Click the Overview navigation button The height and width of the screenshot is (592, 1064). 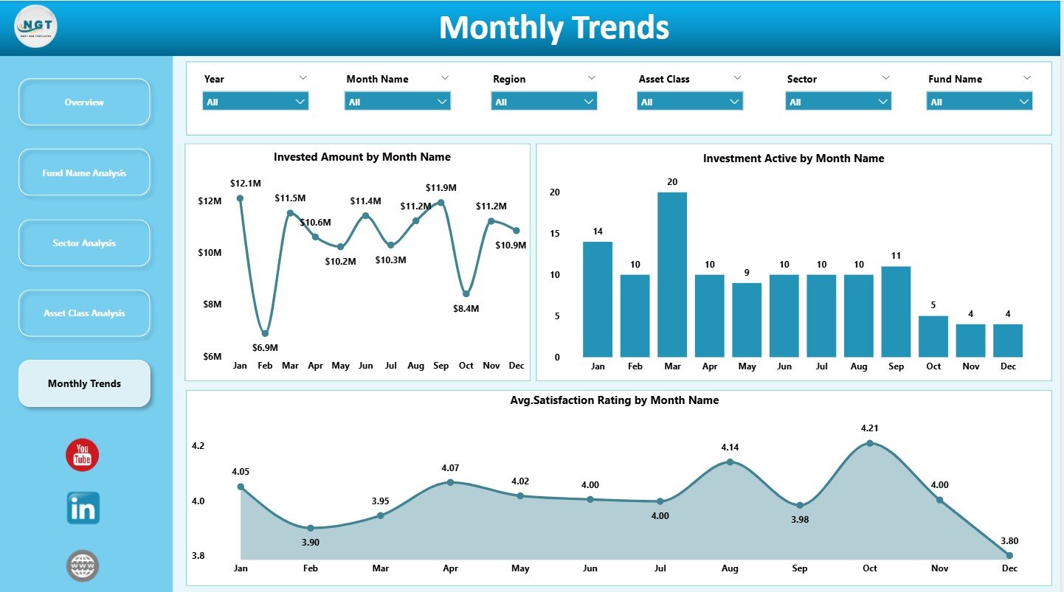tap(84, 102)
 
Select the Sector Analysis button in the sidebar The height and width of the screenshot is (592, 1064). tap(84, 243)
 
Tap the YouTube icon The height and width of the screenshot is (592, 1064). tap(82, 455)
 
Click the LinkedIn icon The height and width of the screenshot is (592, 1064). tap(83, 509)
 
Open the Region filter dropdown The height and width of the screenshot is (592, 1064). tap(544, 102)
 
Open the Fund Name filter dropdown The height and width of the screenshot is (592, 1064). tap(979, 102)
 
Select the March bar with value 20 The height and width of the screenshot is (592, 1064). tap(672, 274)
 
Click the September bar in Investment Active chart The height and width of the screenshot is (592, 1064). tap(896, 311)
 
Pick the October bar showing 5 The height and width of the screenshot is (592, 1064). tap(933, 336)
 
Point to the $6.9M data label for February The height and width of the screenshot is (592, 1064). tap(264, 347)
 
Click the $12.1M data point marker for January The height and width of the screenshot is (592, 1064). tap(240, 198)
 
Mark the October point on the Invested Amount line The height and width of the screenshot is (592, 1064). tap(466, 293)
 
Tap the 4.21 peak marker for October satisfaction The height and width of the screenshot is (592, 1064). tap(870, 443)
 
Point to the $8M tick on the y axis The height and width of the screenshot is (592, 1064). tap(210, 304)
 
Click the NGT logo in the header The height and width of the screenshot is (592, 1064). tap(35, 27)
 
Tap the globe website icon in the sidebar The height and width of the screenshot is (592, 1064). tap(82, 565)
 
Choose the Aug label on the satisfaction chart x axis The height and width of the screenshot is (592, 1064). tap(730, 568)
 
